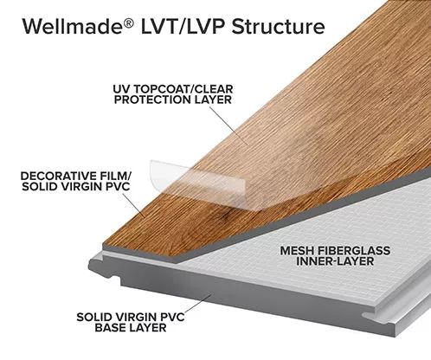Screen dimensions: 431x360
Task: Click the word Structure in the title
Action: tap(278, 26)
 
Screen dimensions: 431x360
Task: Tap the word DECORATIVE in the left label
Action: tap(61, 176)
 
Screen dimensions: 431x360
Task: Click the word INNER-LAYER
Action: tap(335, 261)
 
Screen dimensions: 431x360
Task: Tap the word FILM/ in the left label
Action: tap(119, 176)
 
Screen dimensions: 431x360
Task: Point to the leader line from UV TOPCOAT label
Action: tap(228, 125)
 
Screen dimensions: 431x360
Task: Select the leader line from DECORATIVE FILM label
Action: tap(133, 205)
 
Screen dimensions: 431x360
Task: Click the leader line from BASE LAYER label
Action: tap(198, 304)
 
